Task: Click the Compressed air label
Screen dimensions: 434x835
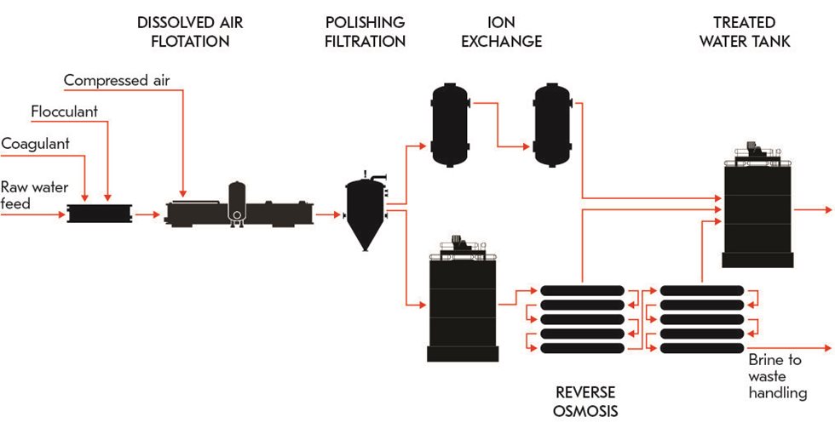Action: point(117,81)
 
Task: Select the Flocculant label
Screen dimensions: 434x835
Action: point(64,112)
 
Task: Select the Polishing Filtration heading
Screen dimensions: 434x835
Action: point(366,31)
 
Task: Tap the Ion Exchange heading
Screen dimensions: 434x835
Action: point(501,31)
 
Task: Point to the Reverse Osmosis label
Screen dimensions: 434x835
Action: point(585,402)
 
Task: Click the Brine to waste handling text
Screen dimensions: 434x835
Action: point(777,376)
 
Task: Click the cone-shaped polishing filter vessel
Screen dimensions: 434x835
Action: point(365,213)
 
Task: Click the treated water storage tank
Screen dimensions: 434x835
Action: point(757,213)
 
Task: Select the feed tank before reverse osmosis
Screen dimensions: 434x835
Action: point(461,306)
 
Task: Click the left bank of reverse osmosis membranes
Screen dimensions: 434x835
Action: point(581,319)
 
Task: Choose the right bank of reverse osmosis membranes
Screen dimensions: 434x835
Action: point(700,319)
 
